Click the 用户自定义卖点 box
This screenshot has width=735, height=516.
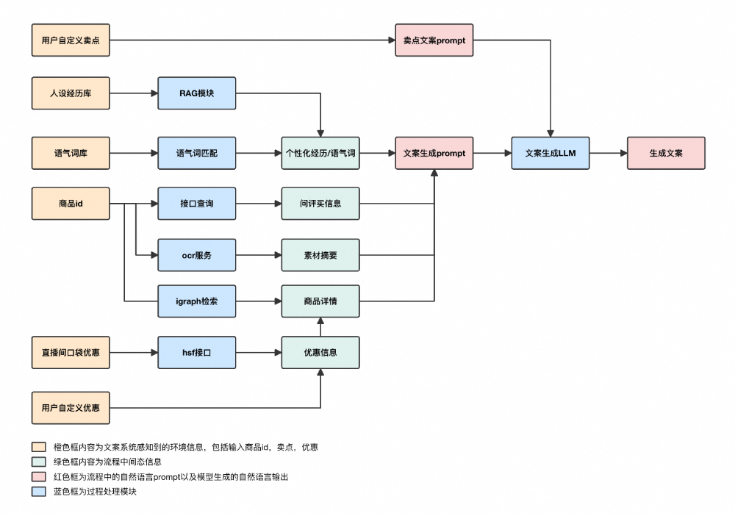point(71,40)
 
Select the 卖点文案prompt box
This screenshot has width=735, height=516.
point(434,40)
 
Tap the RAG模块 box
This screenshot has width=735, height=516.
point(197,93)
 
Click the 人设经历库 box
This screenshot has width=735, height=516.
point(71,93)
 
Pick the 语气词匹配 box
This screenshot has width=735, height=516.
point(197,153)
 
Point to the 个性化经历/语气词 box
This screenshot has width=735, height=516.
point(320,153)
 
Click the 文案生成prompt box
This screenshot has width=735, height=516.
point(434,153)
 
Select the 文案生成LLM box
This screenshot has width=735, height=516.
point(551,153)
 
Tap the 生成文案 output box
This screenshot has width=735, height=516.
point(665,153)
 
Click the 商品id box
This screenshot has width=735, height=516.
point(71,203)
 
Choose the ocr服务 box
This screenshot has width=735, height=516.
point(197,255)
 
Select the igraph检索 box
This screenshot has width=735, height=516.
point(197,301)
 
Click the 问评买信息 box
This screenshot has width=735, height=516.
point(320,203)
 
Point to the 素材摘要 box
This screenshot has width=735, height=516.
point(320,255)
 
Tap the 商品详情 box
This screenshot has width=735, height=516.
point(320,301)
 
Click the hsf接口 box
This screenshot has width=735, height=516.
point(197,352)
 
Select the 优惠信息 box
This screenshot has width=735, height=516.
point(320,352)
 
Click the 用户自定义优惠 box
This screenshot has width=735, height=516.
point(71,407)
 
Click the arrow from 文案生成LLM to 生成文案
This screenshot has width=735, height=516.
point(608,153)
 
